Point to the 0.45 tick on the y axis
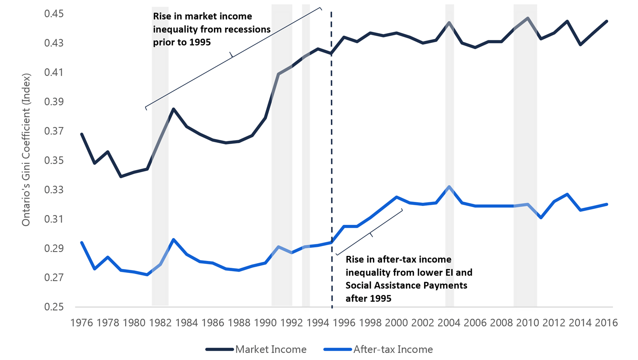click(54, 14)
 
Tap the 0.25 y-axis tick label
click(54, 307)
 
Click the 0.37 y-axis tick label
click(54, 131)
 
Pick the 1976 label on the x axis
click(82, 323)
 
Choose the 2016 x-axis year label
click(606, 323)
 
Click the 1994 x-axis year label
click(318, 323)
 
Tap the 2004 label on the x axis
click(449, 323)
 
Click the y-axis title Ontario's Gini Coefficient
click(26, 150)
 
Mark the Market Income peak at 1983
click(174, 109)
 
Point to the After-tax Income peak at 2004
click(449, 187)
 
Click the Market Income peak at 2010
click(528, 18)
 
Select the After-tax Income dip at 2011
click(541, 218)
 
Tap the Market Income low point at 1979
click(121, 176)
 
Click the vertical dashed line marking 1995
click(332, 170)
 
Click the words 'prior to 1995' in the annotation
click(182, 43)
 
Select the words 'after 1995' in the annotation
click(368, 298)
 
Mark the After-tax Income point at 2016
click(607, 204)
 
